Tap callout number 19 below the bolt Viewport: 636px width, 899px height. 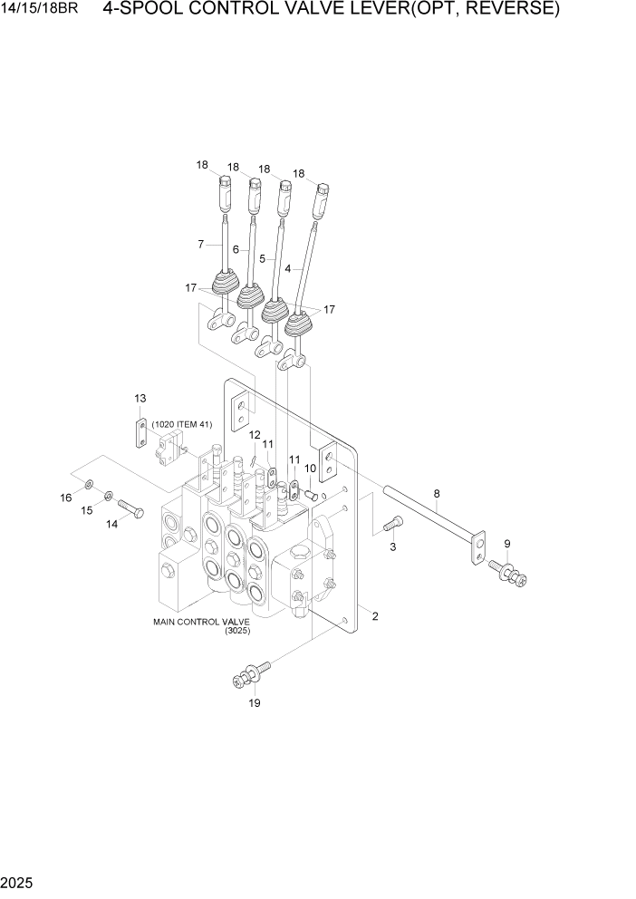[x=255, y=702]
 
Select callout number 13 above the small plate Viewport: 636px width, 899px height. [x=140, y=399]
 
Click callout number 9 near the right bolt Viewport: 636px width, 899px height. [x=507, y=544]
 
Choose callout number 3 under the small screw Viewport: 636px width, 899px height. [x=393, y=547]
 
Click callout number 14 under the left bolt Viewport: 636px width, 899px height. [x=113, y=524]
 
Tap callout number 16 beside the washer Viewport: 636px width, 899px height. [x=66, y=498]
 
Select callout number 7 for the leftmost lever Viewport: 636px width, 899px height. [x=201, y=245]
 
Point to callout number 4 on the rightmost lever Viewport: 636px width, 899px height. [x=288, y=268]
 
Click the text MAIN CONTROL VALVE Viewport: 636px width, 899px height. [x=201, y=622]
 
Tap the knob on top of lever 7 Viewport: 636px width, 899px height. [x=224, y=193]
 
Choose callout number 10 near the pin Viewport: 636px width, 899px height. [x=310, y=469]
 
